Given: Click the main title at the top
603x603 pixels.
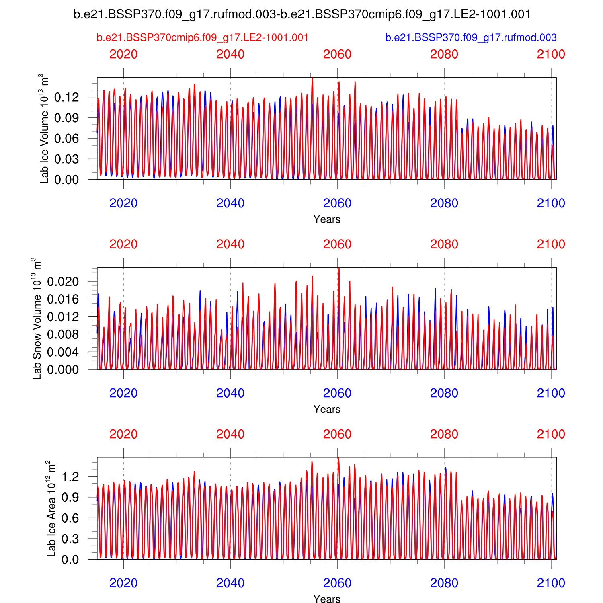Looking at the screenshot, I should click(x=302, y=14).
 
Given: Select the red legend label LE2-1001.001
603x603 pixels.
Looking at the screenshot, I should click(x=203, y=38).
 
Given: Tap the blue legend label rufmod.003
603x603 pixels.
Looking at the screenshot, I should click(x=471, y=38).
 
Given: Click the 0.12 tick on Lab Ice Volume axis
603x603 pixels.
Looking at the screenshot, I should click(x=66, y=97).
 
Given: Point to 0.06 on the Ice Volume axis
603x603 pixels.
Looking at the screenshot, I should click(x=66, y=139).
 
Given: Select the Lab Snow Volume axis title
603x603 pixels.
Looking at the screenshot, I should click(x=37, y=318).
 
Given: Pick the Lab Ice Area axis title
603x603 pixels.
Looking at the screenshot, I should click(x=51, y=509).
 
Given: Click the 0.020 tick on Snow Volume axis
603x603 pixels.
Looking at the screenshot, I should click(x=63, y=281).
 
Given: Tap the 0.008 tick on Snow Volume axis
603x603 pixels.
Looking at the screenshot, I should click(x=63, y=334).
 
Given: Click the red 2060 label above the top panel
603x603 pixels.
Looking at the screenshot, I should click(x=337, y=55).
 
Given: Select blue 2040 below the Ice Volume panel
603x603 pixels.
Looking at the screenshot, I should click(x=230, y=203).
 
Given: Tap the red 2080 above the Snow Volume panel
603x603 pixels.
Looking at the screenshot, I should click(x=444, y=244).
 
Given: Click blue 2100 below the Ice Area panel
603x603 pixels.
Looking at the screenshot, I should click(x=551, y=583).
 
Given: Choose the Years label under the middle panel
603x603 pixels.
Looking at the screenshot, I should click(x=327, y=409).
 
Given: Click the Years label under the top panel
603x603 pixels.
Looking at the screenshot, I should click(x=327, y=219).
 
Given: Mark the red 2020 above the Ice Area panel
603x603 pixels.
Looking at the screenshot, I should click(x=123, y=434).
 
